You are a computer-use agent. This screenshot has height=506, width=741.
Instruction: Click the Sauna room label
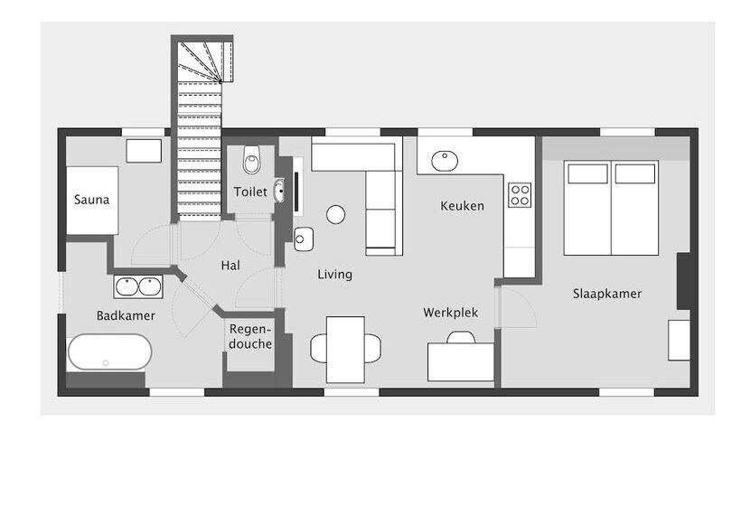(x=91, y=199)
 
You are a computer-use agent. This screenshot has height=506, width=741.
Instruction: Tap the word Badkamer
(x=126, y=315)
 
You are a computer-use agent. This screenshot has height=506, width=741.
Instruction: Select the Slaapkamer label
(x=606, y=294)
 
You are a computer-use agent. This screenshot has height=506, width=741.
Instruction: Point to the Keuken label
(x=462, y=205)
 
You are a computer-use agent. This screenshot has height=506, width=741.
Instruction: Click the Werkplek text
(x=450, y=313)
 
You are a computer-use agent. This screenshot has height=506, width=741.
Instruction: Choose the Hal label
(x=230, y=266)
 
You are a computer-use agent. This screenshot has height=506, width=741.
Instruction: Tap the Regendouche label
(x=250, y=336)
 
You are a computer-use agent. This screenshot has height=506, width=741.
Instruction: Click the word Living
(x=334, y=274)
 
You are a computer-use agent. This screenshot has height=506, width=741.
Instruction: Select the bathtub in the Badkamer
(x=109, y=351)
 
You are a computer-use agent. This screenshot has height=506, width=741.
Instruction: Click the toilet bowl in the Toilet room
(x=252, y=162)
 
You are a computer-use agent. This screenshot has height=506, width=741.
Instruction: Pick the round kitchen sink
(x=444, y=161)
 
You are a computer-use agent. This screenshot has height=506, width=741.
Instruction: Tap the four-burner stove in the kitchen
(x=520, y=195)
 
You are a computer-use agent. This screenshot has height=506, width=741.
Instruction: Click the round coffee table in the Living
(x=335, y=214)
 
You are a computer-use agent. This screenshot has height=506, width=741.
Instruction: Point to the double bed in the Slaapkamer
(x=611, y=208)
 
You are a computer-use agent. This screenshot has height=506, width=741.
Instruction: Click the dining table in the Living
(x=346, y=349)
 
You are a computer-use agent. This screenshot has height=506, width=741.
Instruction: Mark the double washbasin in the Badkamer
(x=138, y=286)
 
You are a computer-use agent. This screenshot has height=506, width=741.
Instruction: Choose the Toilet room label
(x=250, y=192)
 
